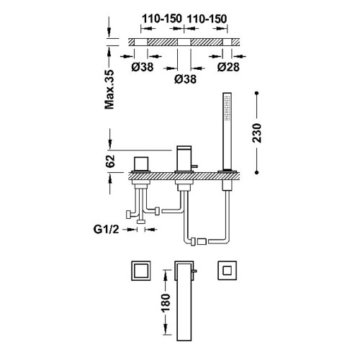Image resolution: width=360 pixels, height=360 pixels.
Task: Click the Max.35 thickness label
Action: (109, 89)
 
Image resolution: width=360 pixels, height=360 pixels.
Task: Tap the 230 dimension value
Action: (257, 133)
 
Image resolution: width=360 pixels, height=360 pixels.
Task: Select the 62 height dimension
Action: (110, 161)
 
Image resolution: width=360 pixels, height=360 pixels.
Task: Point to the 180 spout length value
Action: (166, 302)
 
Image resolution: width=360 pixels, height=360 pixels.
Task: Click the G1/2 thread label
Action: (106, 230)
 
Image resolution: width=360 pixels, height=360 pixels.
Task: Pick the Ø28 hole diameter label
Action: (228, 67)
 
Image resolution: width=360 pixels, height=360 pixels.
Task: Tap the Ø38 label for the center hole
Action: (185, 79)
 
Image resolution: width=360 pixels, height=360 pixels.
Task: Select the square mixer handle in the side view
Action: (141, 163)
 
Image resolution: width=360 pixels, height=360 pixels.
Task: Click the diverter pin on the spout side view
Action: (194, 166)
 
